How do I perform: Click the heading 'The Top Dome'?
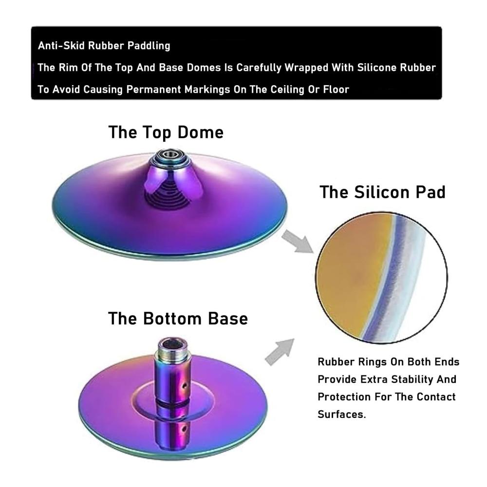[x=166, y=132]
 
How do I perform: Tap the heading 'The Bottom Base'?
[x=178, y=318]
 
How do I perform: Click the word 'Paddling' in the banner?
[x=149, y=46]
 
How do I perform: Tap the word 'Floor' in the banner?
[x=337, y=90]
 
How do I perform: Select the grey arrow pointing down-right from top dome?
[x=298, y=241]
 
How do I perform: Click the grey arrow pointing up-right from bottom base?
[x=280, y=352]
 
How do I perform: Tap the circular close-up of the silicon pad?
[x=382, y=278]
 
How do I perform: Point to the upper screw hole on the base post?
[x=185, y=386]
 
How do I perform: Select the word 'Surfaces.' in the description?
[x=342, y=414]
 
